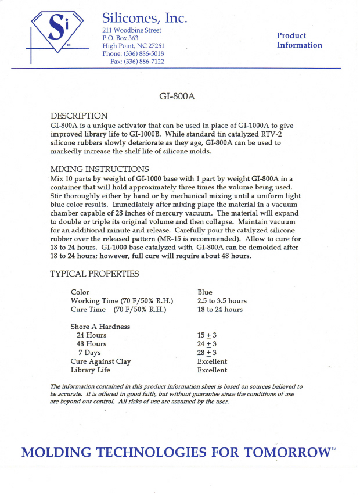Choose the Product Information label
(299, 41)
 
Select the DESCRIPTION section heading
(79, 116)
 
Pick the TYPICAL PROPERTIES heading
(95, 274)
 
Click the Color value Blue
(205, 292)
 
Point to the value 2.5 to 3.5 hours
(222, 301)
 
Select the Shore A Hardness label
(100, 327)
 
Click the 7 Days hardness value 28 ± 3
(207, 353)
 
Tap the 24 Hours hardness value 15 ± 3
(207, 335)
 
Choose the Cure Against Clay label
(101, 361)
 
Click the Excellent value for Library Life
(212, 370)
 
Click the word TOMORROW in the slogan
(283, 453)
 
